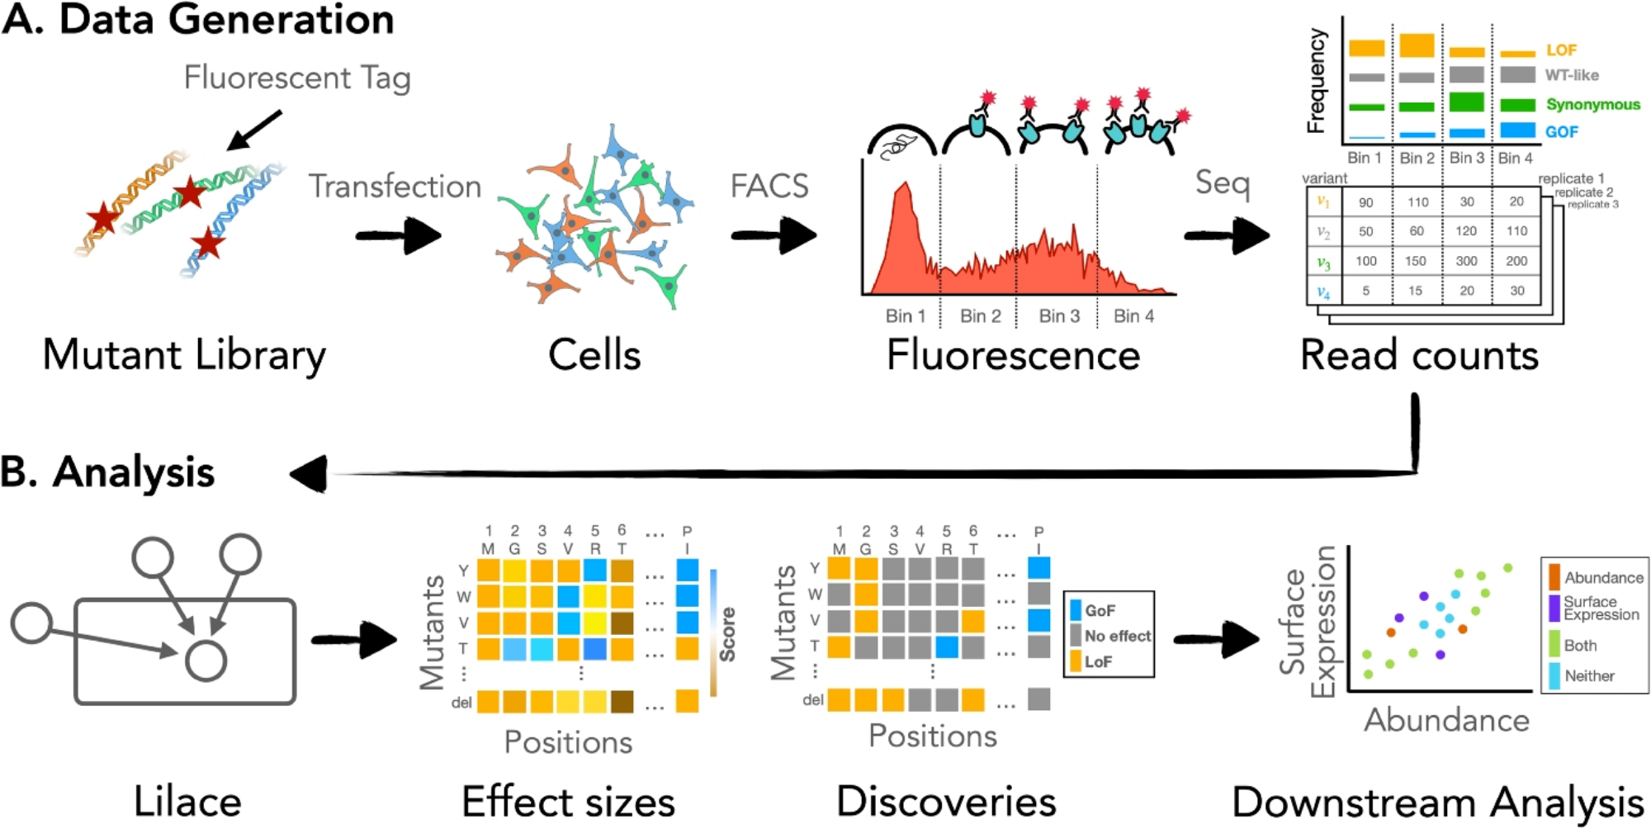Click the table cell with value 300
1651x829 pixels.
pos(1466,261)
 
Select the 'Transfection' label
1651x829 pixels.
pos(395,187)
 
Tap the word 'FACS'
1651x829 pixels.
pos(769,186)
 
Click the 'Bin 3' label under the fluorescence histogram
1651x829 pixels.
pos(1058,315)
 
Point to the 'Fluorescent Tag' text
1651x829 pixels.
pos(297,78)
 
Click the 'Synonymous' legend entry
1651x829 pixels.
pos(1592,105)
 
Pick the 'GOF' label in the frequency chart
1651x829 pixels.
pos(1561,132)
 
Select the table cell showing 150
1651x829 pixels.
pos(1416,261)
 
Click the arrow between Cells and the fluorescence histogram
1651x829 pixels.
pos(773,235)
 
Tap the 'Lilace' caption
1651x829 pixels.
pos(187,802)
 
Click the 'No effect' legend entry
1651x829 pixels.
pos(1117,636)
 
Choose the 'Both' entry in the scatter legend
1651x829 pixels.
pos(1580,646)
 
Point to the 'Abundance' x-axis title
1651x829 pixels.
pos(1446,720)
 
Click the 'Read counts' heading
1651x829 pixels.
pos(1419,356)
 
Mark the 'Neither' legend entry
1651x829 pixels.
pos(1589,676)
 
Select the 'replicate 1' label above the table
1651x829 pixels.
pos(1571,178)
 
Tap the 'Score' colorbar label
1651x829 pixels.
pos(727,634)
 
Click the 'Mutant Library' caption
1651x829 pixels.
pos(184,356)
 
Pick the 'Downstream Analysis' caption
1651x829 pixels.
pos(1437,802)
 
